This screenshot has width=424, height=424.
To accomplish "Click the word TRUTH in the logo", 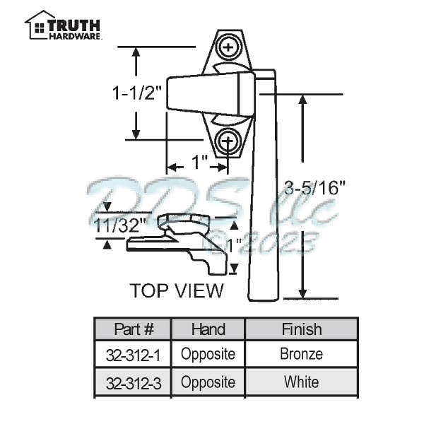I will tap(75, 24).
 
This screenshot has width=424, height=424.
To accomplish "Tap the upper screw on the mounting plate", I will tap(228, 47).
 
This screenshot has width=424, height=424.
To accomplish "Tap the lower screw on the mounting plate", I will tap(227, 141).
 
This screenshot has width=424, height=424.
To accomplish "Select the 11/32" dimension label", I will tap(120, 226).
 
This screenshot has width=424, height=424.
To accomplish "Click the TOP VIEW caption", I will tap(177, 290).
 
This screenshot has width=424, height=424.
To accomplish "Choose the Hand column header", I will tap(208, 329).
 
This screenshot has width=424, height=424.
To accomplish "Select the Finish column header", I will tap(301, 329).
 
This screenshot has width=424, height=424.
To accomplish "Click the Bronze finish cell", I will tap(301, 354).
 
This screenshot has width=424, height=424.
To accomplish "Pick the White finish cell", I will tap(301, 382).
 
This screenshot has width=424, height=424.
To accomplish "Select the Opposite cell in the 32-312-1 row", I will tap(208, 354).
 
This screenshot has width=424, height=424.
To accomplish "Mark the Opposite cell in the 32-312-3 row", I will tap(208, 382).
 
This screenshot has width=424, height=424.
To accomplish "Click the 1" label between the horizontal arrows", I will tap(199, 163).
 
